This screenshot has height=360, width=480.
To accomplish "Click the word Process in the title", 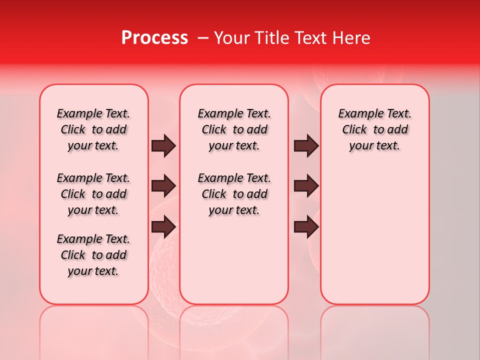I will pyautogui.click(x=154, y=38).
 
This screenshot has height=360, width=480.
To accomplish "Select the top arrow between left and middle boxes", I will pyautogui.click(x=163, y=145).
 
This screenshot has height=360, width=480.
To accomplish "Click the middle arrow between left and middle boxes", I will pyautogui.click(x=163, y=186).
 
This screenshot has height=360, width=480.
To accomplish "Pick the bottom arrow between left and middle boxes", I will pyautogui.click(x=163, y=227).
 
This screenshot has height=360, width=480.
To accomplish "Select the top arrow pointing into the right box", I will pyautogui.click(x=306, y=145).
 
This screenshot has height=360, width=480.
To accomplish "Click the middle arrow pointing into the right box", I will pyautogui.click(x=306, y=186).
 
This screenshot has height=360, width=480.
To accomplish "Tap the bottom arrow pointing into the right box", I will pyautogui.click(x=306, y=227).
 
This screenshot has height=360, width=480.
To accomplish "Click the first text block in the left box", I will pyautogui.click(x=93, y=129).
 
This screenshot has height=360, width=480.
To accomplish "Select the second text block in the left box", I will pyautogui.click(x=93, y=194).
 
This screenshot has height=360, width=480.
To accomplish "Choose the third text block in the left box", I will pyautogui.click(x=93, y=255).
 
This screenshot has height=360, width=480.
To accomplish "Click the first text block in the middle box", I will pyautogui.click(x=234, y=129).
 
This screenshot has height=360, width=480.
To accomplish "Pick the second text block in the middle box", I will pyautogui.click(x=234, y=194).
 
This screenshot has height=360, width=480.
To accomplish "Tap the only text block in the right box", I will pyautogui.click(x=374, y=129).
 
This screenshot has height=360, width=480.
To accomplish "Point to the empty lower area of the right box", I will pyautogui.click(x=374, y=235).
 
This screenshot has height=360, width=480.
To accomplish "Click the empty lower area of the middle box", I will pyautogui.click(x=234, y=260).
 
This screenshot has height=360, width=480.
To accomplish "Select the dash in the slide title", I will pyautogui.click(x=203, y=38).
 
